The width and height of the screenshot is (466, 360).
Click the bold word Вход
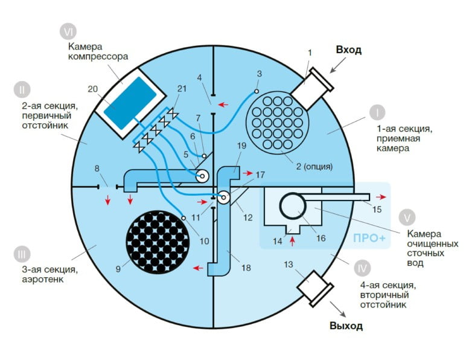click(349, 50)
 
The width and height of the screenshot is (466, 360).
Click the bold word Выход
click(346, 326)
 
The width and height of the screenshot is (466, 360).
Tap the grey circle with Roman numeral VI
click(68, 31)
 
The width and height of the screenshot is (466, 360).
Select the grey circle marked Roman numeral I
click(377, 113)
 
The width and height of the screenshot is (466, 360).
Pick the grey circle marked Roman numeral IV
click(362, 268)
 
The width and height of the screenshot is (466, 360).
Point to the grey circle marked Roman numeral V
click(407, 217)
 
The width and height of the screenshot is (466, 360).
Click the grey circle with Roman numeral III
click(22, 254)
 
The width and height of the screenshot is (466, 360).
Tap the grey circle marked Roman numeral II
click(22, 89)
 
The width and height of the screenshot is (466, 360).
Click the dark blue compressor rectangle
click(130, 103)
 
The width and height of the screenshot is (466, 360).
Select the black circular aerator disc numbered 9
click(158, 242)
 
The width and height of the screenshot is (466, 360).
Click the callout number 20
click(93, 89)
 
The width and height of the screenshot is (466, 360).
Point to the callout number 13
click(289, 265)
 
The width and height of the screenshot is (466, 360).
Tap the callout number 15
click(377, 209)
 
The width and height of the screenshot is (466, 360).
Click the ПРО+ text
click(369, 238)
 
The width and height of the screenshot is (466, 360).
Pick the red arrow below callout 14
click(292, 241)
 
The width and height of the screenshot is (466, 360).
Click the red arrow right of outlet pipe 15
click(381, 197)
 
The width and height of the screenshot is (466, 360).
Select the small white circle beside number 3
click(256, 91)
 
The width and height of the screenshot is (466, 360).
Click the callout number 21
click(182, 89)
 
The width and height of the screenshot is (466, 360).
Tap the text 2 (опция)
click(314, 166)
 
